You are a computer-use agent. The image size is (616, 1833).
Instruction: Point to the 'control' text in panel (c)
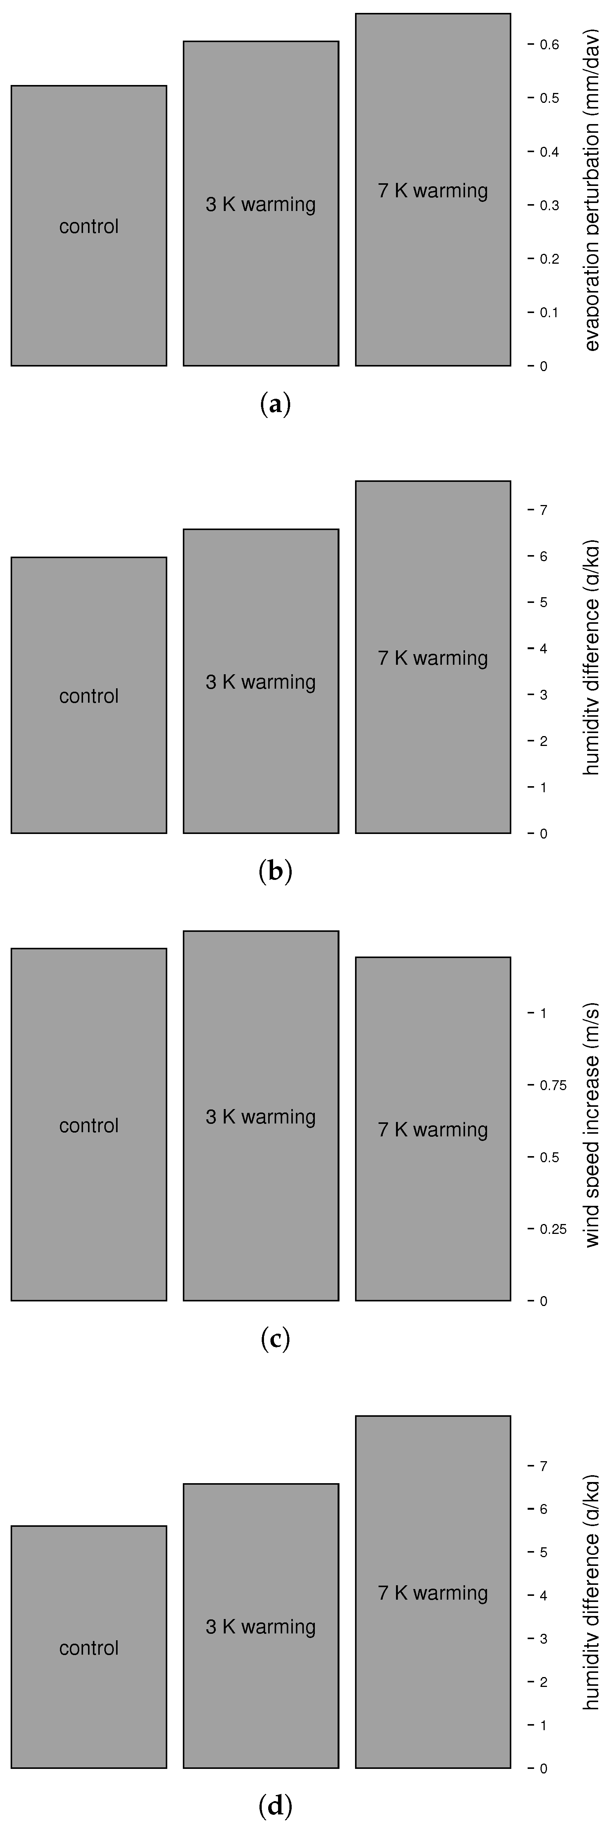coord(88,1126)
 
